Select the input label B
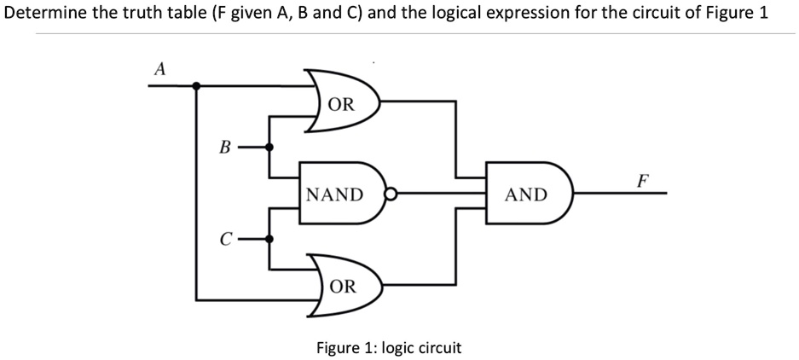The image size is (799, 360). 224,147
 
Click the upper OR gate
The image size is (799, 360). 343,105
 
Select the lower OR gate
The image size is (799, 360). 343,286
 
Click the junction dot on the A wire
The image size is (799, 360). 197,85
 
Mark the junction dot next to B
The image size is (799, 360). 270,147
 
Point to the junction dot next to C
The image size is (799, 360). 270,239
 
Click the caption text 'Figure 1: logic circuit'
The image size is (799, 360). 389,347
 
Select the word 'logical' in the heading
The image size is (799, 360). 443,14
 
